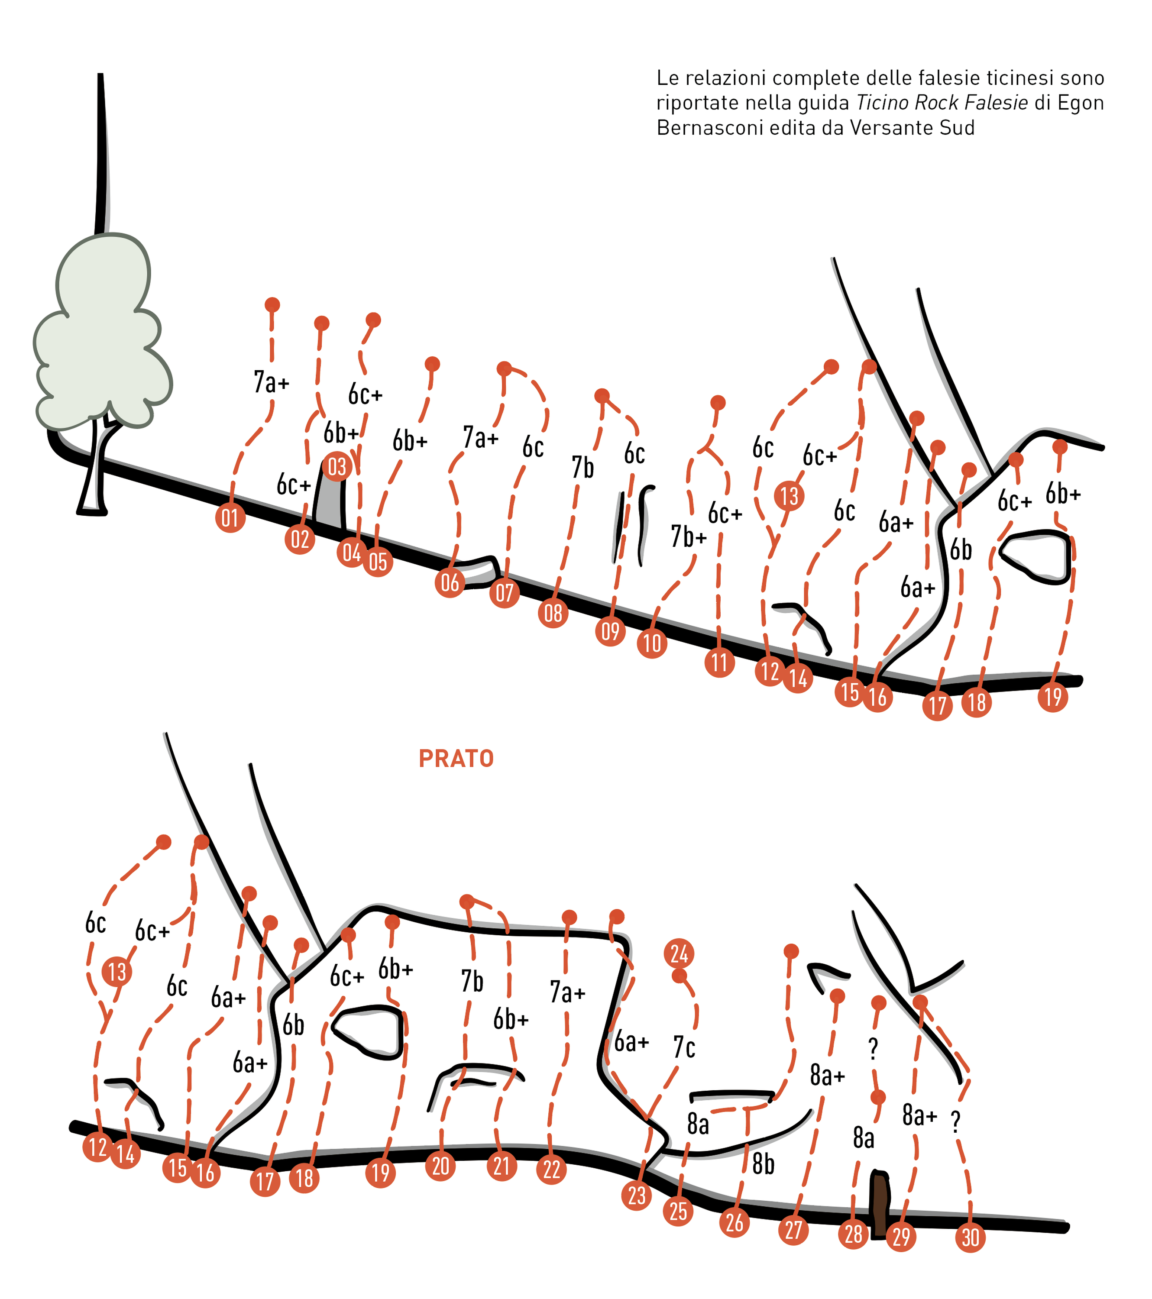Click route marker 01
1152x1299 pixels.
point(230,518)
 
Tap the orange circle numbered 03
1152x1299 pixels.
point(337,467)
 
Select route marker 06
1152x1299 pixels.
point(450,582)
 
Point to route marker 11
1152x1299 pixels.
point(720,663)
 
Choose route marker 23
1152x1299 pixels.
point(637,1196)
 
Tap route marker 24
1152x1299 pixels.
point(679,953)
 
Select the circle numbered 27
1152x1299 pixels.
point(793,1230)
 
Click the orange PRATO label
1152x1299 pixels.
point(456,759)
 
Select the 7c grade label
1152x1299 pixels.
point(684,1048)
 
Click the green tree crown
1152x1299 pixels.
point(102,330)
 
